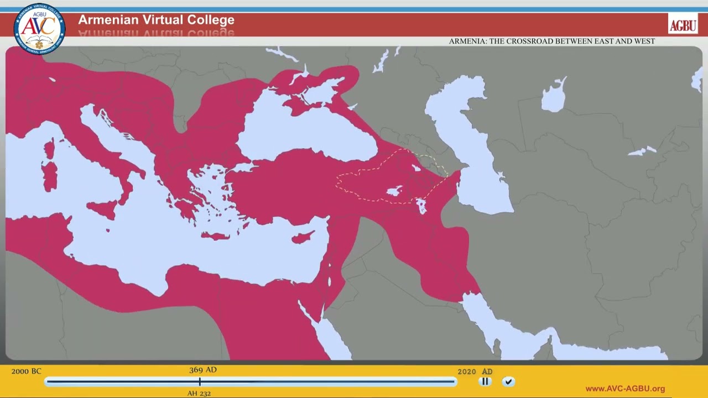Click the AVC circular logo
[39, 29]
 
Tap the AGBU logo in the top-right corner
[683, 24]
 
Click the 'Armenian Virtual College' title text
[156, 20]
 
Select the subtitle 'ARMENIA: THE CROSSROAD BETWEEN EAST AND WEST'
[551, 41]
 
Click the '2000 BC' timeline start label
[26, 371]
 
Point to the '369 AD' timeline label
[202, 370]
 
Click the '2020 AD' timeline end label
[475, 372]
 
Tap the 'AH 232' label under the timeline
[199, 394]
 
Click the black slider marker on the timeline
[200, 381]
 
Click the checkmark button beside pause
[508, 381]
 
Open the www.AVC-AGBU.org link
[625, 389]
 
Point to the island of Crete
[216, 236]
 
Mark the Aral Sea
[554, 97]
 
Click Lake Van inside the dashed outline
[394, 192]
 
